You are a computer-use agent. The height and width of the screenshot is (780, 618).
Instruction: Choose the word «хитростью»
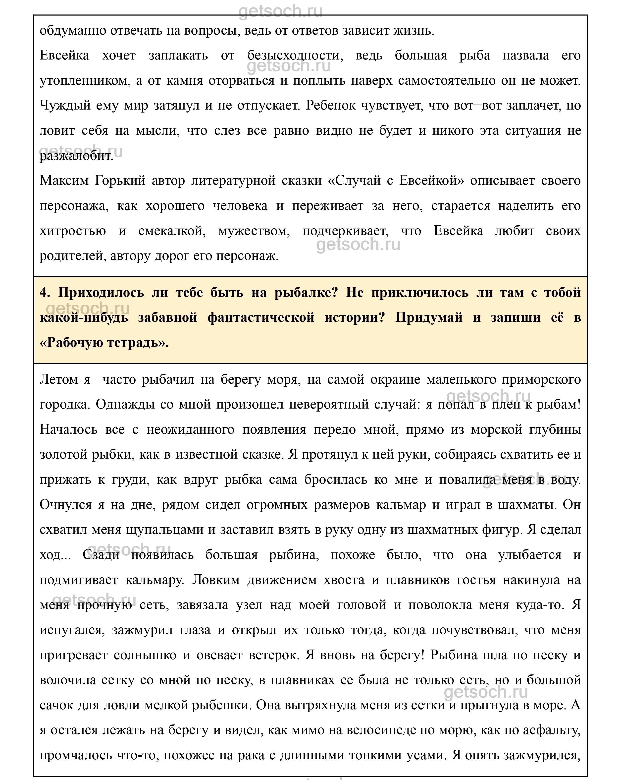tap(72, 231)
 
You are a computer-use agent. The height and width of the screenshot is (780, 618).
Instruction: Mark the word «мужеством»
tap(254, 231)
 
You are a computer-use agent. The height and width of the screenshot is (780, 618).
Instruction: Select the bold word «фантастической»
tap(261, 317)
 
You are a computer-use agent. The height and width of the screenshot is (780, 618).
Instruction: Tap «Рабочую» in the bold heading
tap(76, 342)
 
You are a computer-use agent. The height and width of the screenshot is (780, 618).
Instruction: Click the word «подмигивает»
tap(78, 580)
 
